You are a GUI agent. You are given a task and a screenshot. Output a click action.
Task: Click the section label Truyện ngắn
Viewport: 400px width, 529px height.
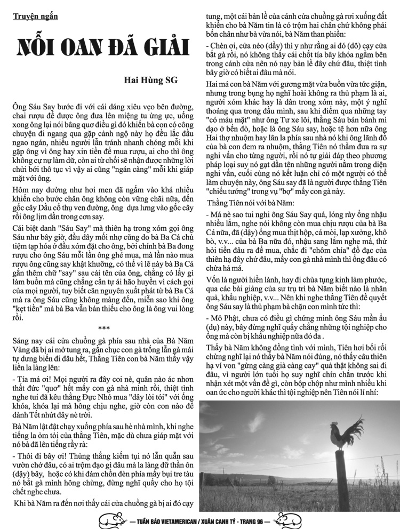35,16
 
